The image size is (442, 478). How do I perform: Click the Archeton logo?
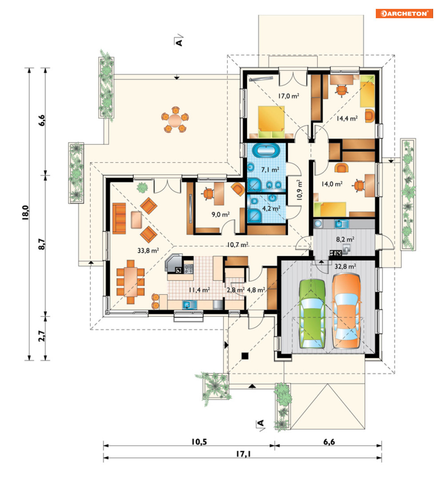coord(404,13)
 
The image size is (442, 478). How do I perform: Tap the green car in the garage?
coord(312,313)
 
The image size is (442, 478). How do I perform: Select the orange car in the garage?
coord(346,311)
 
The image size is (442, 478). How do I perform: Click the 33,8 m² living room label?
coord(148,251)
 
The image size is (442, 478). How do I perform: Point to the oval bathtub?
coord(265,150)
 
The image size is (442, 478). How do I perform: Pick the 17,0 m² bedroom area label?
coord(288,96)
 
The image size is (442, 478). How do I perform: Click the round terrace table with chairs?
coord(175,119)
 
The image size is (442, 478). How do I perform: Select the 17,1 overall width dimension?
coord(243,454)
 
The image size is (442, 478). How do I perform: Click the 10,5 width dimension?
coord(199,442)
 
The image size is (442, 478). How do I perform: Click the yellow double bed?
coord(271,122)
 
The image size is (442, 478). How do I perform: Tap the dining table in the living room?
coord(131,282)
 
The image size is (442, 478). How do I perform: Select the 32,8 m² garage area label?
coord(345,267)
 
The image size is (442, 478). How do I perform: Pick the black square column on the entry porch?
coord(245,356)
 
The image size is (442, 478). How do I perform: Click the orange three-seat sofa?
coord(119,218)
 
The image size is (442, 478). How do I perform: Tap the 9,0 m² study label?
coord(220,215)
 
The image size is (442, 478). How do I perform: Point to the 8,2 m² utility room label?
coord(345,239)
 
